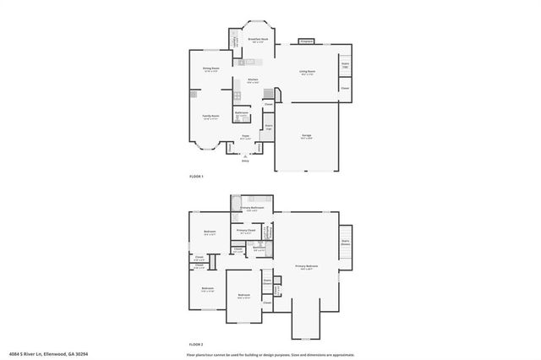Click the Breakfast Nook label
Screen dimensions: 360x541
click(259, 39)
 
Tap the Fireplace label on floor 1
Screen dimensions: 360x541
click(307, 41)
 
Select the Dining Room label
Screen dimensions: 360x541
click(210, 69)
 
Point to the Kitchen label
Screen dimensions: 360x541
click(253, 80)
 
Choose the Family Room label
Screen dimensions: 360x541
click(210, 117)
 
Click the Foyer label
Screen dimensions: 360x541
click(245, 135)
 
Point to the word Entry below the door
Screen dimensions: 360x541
click(245, 161)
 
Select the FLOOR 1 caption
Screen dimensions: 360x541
click(197, 177)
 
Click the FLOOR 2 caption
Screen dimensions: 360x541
click(197, 346)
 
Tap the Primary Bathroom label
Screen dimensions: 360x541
click(252, 208)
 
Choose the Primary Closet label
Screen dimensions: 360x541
click(246, 231)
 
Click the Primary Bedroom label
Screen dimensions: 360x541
click(306, 266)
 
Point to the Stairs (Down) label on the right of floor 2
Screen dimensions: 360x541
click(346, 241)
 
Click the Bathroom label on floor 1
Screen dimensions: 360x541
click(241, 113)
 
